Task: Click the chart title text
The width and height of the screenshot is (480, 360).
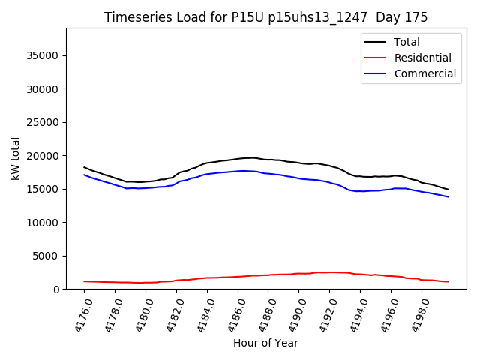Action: (266, 17)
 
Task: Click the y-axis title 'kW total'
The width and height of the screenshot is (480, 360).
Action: (15, 158)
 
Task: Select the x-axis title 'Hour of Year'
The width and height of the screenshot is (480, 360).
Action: (265, 343)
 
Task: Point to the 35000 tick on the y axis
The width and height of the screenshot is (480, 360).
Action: (44, 55)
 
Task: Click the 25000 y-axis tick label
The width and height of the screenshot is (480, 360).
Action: (44, 122)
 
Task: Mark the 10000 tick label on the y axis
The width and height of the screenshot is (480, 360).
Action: (44, 223)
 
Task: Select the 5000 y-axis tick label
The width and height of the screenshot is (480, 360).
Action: (47, 256)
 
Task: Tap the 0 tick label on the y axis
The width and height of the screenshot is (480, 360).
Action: (57, 289)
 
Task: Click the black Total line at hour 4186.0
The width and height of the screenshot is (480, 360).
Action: (238, 158)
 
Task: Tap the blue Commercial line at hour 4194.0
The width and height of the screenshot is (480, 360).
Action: (361, 191)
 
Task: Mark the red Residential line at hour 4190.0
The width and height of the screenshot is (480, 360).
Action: (299, 273)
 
